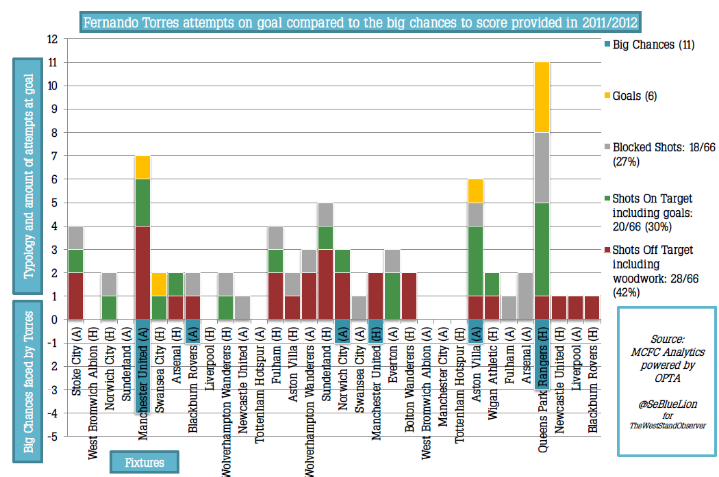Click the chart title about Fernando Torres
pos(361,23)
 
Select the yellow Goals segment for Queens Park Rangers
pos(542,97)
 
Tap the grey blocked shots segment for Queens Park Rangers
pos(542,168)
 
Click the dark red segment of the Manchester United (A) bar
pos(142,272)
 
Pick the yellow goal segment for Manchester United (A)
pos(142,168)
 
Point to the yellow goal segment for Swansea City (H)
pos(159,284)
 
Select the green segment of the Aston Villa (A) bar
pos(475,261)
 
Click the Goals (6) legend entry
pos(634,96)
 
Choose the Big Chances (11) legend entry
pos(653,45)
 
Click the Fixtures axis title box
pos(144,463)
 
